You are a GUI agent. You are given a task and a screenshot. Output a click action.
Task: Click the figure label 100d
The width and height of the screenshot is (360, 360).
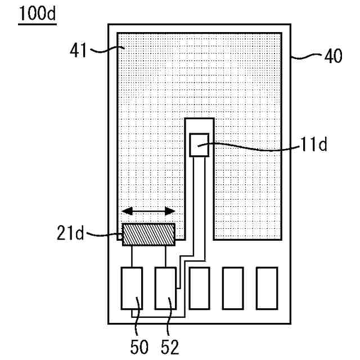click(37, 13)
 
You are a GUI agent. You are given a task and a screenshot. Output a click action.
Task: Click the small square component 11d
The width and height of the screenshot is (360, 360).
click(199, 145)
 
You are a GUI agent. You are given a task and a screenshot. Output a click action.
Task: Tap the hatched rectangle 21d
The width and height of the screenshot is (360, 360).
click(149, 234)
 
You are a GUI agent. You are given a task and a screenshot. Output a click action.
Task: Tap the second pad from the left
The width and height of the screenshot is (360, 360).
click(165, 288)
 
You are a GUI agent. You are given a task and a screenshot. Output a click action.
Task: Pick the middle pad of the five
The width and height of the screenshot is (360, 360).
click(199, 288)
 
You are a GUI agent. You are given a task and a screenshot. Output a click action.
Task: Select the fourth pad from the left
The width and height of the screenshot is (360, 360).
click(233, 288)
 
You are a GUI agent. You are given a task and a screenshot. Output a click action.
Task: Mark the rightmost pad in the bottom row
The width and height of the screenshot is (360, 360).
click(267, 288)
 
